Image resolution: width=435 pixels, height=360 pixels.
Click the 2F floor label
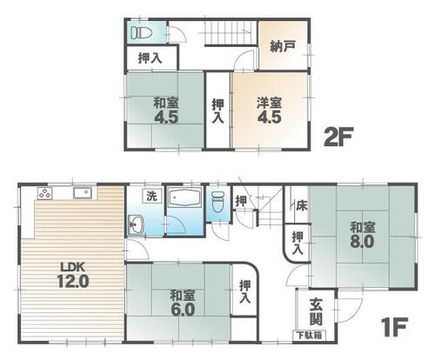click(x=338, y=137)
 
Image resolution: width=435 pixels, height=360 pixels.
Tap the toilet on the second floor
click(x=141, y=32)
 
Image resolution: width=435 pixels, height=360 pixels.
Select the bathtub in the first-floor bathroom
click(x=184, y=197)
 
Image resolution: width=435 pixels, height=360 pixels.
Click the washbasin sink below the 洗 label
click(x=135, y=224)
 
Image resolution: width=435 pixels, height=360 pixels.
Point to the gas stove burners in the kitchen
click(x=45, y=193)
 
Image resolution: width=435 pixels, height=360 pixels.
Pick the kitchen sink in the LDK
click(x=83, y=192)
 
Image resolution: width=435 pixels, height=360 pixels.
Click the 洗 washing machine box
click(x=151, y=197)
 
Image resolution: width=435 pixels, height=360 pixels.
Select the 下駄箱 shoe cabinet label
click(x=309, y=336)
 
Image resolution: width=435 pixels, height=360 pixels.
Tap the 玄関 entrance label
click(x=316, y=312)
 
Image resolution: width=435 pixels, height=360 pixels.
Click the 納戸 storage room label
click(x=283, y=46)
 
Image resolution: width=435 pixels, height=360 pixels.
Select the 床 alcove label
click(x=302, y=205)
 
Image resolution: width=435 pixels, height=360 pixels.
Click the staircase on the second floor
click(x=231, y=33)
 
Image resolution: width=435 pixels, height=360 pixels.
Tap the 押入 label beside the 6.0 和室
click(x=245, y=292)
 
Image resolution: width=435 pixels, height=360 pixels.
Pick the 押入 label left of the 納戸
click(x=150, y=58)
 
